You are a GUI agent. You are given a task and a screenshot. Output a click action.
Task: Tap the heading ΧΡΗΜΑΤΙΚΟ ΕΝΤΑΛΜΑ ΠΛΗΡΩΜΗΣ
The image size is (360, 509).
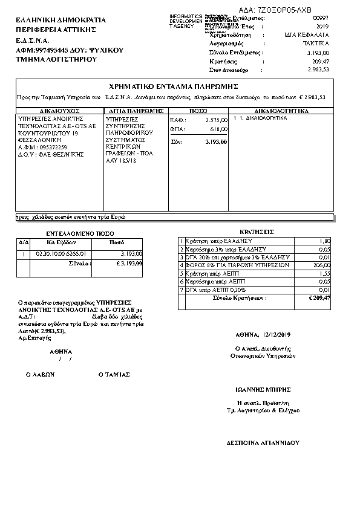(x=172, y=86)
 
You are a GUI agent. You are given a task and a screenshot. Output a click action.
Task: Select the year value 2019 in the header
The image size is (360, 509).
(x=321, y=27)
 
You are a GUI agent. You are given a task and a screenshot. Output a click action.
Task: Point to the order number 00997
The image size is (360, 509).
(x=321, y=19)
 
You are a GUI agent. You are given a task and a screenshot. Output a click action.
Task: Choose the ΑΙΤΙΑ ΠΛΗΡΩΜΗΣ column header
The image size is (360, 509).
(x=136, y=111)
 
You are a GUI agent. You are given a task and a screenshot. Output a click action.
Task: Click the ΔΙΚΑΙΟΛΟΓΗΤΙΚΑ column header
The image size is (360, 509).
(x=281, y=111)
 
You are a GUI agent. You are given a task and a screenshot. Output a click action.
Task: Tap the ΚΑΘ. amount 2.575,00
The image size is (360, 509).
(x=215, y=120)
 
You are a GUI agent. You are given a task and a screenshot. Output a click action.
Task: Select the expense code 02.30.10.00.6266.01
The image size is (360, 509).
(x=62, y=253)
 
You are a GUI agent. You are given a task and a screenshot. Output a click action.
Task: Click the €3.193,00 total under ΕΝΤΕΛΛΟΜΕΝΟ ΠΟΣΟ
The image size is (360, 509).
(x=129, y=263)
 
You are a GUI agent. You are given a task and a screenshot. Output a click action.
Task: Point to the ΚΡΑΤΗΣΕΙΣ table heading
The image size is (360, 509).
(x=256, y=232)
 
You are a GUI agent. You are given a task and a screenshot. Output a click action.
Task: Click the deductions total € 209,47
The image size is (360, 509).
(x=319, y=298)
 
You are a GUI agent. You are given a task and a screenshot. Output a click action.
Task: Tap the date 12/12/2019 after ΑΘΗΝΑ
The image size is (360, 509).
(x=278, y=334)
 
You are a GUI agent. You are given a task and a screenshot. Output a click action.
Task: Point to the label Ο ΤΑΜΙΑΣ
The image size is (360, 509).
(x=114, y=374)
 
